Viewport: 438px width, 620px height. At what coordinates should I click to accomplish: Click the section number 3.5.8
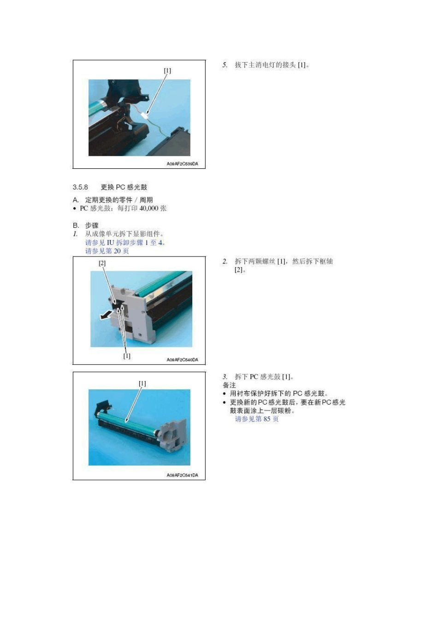[80, 187]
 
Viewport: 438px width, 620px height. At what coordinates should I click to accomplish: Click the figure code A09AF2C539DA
[182, 164]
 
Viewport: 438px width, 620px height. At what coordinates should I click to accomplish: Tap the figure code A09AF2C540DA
[182, 360]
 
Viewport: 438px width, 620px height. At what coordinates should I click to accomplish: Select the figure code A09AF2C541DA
[182, 475]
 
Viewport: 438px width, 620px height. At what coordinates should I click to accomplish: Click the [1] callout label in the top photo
[167, 71]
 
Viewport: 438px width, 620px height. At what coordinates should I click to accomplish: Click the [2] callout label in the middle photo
[102, 263]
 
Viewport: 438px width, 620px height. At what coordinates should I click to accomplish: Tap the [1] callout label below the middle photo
[127, 356]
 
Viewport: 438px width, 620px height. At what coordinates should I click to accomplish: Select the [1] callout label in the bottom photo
[142, 383]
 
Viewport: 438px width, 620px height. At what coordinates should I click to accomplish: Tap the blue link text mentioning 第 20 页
[107, 251]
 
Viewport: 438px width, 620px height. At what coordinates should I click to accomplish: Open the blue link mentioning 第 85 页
[257, 419]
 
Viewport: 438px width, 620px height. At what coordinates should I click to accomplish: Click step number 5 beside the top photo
[225, 65]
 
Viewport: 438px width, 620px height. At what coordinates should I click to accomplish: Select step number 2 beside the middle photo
[225, 262]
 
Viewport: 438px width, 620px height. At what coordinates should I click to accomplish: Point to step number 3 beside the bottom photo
[225, 377]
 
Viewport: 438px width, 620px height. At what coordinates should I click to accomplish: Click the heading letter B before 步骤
[76, 226]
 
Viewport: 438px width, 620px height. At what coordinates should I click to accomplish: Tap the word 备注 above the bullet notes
[229, 385]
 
